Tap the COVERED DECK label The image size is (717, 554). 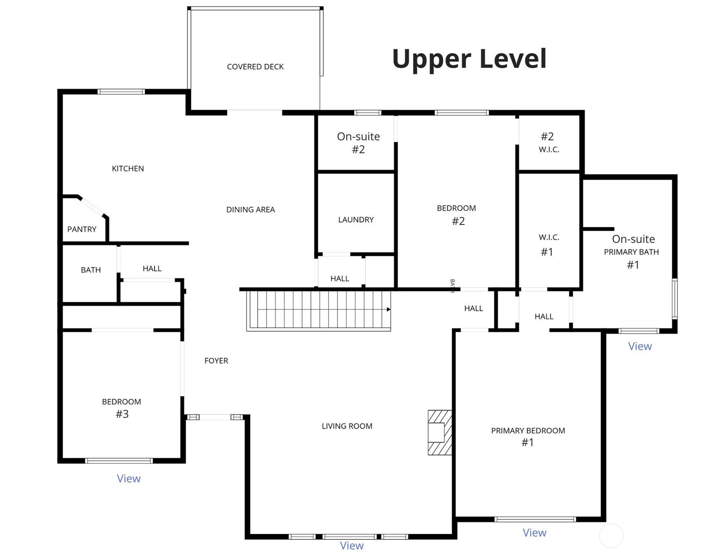(x=255, y=67)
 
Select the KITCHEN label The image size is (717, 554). (x=128, y=169)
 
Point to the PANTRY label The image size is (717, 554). (x=82, y=229)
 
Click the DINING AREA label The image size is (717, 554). (x=250, y=210)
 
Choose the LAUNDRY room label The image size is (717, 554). (x=356, y=219)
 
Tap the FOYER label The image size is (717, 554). (x=216, y=361)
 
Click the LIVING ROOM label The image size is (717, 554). (x=347, y=426)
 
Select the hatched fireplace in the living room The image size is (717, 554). (x=440, y=432)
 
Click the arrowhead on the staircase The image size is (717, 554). (x=389, y=310)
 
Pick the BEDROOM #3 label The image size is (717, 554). (x=121, y=408)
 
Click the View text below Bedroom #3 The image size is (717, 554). (x=129, y=478)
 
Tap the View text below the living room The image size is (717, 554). (x=352, y=545)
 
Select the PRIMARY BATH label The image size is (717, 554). (x=631, y=252)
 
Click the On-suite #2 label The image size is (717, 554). (x=358, y=142)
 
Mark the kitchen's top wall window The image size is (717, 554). (x=121, y=91)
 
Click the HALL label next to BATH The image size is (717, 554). (x=152, y=269)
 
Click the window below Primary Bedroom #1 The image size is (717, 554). (x=535, y=519)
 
